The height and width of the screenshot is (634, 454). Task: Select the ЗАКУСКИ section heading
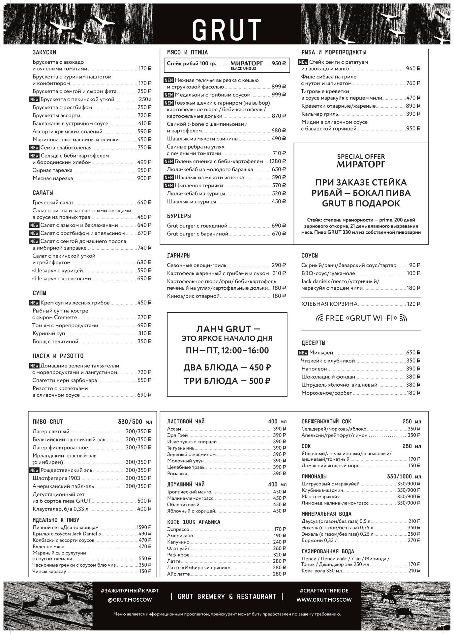[44, 52]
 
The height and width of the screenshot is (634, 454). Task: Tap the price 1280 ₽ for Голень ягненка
[277, 161]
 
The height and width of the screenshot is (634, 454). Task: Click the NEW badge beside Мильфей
[303, 353]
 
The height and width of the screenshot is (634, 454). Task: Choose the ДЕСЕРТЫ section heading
[313, 343]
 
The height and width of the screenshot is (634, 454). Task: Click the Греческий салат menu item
[53, 202]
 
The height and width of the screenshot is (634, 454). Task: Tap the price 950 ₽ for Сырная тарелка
[144, 170]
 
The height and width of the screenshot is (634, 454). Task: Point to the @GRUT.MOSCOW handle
[130, 600]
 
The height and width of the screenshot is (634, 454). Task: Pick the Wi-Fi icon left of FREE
[319, 318]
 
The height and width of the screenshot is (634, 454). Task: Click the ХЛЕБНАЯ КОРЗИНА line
[329, 304]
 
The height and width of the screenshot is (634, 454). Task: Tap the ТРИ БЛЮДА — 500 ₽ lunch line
[227, 381]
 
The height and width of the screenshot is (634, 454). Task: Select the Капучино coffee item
[178, 542]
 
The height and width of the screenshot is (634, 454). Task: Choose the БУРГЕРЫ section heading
[179, 216]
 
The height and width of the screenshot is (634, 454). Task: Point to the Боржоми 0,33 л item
[319, 541]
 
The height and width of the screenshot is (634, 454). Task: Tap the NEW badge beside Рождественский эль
[34, 470]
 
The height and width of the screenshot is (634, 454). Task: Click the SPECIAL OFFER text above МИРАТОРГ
[361, 157]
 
